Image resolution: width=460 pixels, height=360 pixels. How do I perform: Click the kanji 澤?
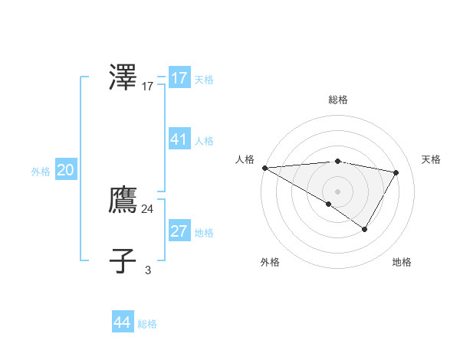point(123,78)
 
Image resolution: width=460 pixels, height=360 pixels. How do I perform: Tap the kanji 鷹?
point(123,201)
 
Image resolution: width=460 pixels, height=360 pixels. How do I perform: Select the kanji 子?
point(123,260)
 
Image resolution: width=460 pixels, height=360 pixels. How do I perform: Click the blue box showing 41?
point(179,139)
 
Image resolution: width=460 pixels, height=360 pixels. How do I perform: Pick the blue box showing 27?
point(179,231)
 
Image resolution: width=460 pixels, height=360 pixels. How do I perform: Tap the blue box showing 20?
point(65,171)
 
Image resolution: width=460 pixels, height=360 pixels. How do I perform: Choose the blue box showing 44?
point(123,322)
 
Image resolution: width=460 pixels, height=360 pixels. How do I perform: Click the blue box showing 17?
point(179,78)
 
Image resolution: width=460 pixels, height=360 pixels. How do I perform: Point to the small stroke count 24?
point(147,208)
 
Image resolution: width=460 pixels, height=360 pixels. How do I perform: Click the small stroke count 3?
point(148,270)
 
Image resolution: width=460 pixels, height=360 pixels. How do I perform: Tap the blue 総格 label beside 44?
point(147,324)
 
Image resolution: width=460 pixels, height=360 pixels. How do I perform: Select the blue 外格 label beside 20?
point(41,172)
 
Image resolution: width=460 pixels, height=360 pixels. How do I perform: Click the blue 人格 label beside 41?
point(204,141)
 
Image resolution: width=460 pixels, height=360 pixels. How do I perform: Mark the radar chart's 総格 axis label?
point(337,100)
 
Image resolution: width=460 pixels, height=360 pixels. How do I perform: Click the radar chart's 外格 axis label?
point(270,262)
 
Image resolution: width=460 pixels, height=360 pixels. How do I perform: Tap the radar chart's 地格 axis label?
point(402,262)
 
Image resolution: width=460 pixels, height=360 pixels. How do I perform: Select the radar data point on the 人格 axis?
point(264,167)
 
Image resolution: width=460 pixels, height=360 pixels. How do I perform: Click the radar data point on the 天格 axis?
point(396,172)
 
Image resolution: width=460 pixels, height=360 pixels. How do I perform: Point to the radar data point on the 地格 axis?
point(365,229)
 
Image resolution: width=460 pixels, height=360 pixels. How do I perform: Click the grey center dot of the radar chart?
point(337,191)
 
